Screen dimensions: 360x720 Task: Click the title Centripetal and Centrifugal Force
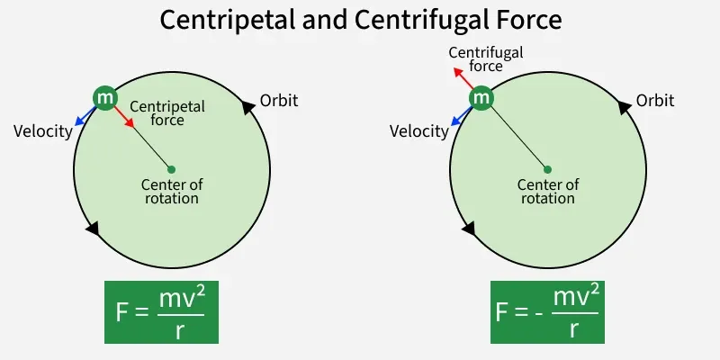[359, 19]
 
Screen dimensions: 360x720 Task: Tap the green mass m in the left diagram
[105, 97]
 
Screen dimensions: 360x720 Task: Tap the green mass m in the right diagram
[481, 97]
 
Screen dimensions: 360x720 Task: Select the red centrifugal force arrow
[463, 77]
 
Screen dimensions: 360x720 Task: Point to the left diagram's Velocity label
[42, 131]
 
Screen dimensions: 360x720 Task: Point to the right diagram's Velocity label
[418, 131]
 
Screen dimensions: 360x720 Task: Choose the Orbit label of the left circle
[279, 100]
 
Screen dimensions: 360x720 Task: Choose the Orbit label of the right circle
[655, 100]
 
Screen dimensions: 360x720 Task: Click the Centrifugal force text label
[485, 58]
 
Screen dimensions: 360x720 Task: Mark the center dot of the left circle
[171, 168]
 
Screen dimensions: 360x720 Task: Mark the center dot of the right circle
[547, 168]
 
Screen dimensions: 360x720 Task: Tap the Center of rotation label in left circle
[172, 191]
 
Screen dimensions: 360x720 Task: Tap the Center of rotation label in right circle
[548, 191]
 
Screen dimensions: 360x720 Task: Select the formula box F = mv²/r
[162, 311]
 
